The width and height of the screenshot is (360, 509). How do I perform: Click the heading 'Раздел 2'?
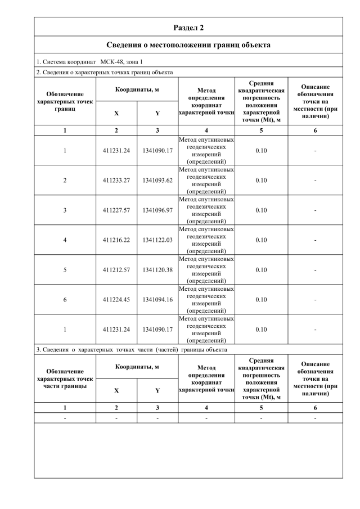pos(188,27)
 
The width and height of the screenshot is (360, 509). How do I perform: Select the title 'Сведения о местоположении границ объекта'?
pos(188,44)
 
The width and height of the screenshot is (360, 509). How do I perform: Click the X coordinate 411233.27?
pos(116,181)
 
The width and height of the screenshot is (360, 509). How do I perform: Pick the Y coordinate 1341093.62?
pos(157,181)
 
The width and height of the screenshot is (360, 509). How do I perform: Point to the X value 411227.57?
pos(116,210)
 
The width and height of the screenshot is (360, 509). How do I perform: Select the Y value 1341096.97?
pos(157,210)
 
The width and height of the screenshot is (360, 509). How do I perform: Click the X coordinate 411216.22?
pos(116,240)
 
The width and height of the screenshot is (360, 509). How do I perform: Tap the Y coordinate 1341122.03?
pos(157,240)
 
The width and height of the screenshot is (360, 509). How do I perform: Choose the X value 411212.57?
pos(116,270)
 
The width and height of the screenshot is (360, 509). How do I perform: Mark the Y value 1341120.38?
pos(157,270)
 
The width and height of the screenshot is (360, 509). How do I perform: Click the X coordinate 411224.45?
pos(116,300)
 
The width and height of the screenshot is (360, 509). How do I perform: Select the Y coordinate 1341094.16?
pos(157,300)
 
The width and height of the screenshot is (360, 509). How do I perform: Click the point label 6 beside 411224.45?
pos(65,300)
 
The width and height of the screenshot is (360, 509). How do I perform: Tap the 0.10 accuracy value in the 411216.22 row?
pos(261,240)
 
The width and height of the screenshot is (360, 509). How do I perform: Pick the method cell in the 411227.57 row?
pos(206,210)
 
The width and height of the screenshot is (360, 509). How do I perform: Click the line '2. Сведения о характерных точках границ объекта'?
pos(105,72)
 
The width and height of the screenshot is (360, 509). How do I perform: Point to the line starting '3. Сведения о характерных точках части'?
pos(132,349)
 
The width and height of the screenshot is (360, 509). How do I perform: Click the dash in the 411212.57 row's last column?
pos(315,270)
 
